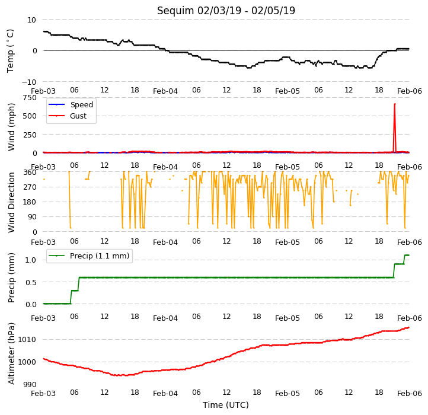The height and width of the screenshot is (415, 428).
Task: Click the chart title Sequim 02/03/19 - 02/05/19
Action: [226, 11]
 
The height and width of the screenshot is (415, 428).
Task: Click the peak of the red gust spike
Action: [395, 104]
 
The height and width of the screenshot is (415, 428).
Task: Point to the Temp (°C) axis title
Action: [10, 51]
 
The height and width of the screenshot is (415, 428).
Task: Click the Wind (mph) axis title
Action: [11, 127]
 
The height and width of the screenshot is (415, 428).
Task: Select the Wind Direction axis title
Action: [11, 202]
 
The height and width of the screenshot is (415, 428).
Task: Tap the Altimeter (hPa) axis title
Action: [11, 354]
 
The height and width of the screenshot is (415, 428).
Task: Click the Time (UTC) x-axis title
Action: [226, 405]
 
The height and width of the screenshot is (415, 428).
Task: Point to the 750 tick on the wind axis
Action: [30, 98]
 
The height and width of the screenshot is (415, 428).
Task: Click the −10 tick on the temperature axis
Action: [28, 82]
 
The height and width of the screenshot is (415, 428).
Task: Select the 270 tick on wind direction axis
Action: [30, 187]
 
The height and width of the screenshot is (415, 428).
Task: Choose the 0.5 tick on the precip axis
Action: [31, 282]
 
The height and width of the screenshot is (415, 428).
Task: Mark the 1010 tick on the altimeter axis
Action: [27, 340]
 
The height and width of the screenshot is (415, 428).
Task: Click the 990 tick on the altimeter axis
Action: [30, 385]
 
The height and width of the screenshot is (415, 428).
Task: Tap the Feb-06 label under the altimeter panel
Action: [410, 394]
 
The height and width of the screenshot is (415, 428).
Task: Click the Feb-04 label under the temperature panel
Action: [165, 91]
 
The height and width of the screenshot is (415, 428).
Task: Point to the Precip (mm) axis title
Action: [11, 278]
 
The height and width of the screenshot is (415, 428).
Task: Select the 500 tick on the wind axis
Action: [30, 116]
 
